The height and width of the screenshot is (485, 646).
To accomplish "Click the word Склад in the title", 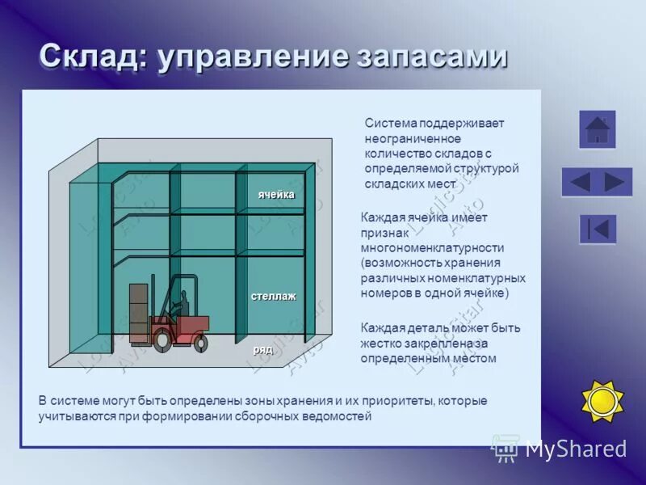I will [x=90, y=57].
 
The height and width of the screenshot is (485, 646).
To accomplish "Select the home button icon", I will [x=597, y=129].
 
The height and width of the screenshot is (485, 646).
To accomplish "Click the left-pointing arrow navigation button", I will [x=580, y=182].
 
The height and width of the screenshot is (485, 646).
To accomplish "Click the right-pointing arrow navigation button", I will [x=615, y=182].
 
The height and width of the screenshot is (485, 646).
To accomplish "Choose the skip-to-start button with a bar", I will [x=598, y=229].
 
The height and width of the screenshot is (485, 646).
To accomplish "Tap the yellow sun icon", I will [x=602, y=400].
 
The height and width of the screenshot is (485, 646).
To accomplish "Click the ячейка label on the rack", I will [x=276, y=195].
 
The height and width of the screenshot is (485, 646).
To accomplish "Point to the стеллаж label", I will [x=273, y=296].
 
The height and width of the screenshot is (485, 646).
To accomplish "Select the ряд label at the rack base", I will [x=263, y=349].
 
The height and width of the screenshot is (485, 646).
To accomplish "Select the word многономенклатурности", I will [x=433, y=248].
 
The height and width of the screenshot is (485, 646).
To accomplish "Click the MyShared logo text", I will [x=576, y=449].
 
